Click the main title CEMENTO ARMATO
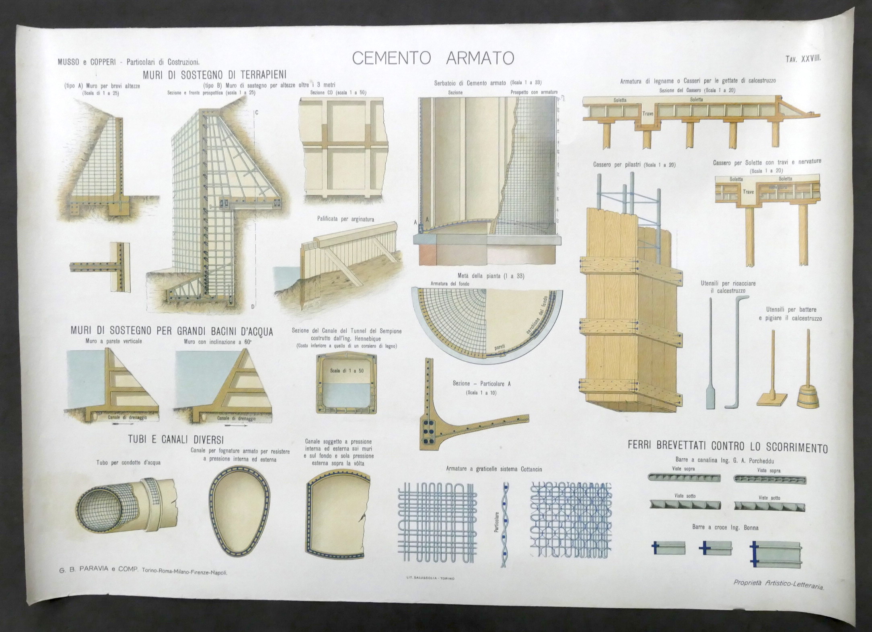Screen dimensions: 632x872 coord(433,58)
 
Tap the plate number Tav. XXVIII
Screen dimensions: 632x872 coord(803,59)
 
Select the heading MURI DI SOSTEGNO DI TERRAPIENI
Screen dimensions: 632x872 coord(214,75)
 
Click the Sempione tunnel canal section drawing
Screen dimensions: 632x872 coord(347,385)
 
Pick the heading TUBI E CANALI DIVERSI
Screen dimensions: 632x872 coord(176,439)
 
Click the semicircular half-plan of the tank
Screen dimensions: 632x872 coord(487,322)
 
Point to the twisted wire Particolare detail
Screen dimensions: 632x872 coord(504,525)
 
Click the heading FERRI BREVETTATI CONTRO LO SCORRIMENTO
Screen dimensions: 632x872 coord(727,447)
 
